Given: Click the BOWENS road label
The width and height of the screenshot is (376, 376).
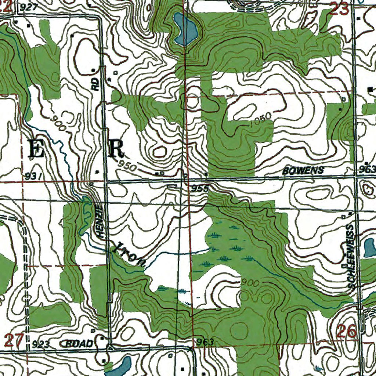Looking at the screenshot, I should (x=303, y=170).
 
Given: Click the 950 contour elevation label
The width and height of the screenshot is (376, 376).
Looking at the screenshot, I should (x=128, y=166).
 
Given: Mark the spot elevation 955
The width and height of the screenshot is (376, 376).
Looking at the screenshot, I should (x=200, y=189).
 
